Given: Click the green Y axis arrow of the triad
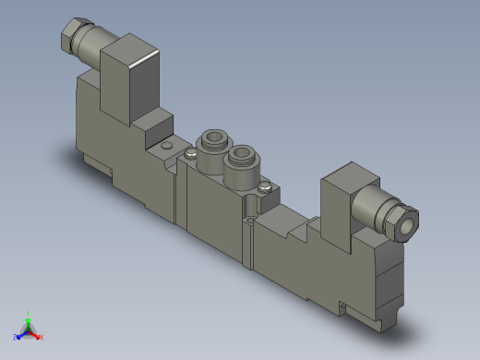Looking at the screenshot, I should [x=29, y=316].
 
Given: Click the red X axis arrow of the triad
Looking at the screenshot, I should [x=39, y=336].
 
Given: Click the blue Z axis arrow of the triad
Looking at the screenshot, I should [x=18, y=336].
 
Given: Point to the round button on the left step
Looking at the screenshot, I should [x=165, y=146].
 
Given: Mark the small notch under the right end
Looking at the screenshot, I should [x=342, y=306].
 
